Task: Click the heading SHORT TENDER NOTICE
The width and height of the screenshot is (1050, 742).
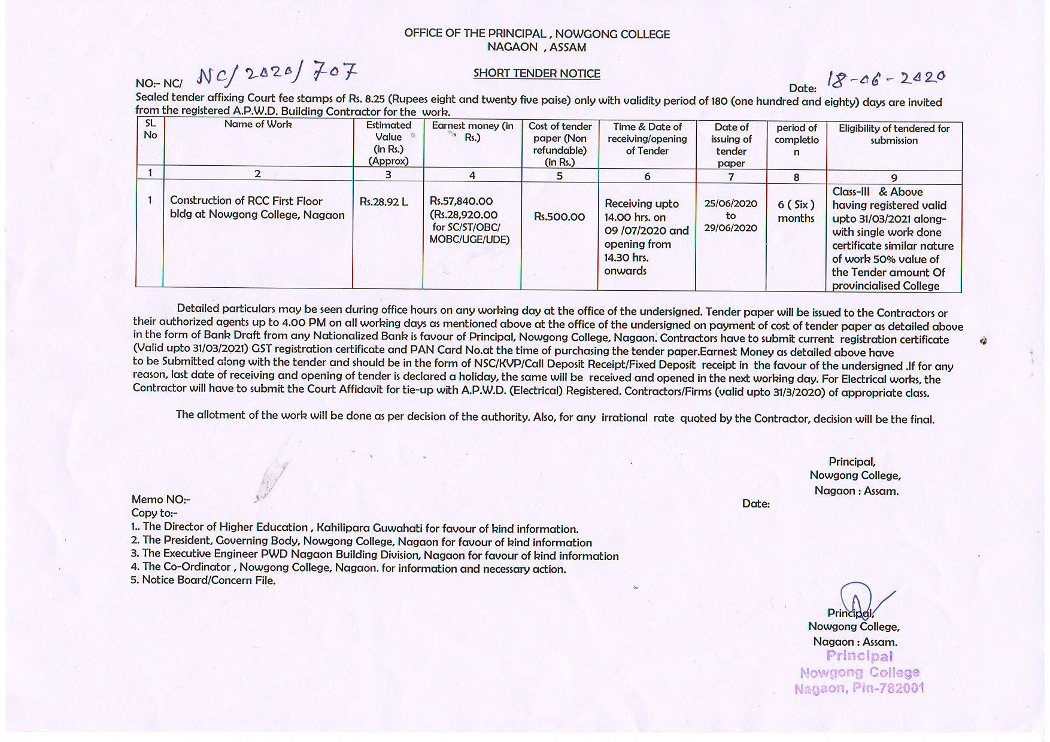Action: pos(536,74)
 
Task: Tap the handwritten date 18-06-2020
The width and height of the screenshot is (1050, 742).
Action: pos(885,78)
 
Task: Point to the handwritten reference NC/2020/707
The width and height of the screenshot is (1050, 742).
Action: pos(277,74)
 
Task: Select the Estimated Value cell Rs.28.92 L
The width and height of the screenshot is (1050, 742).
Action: pos(383,202)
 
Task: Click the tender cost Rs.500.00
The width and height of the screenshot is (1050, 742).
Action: pos(559,217)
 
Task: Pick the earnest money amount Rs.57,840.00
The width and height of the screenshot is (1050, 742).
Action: pos(461,201)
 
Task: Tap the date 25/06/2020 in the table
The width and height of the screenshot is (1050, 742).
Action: pos(730,203)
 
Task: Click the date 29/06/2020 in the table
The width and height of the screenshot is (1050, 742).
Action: pos(730,228)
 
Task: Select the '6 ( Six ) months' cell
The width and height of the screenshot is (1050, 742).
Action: pos(796,211)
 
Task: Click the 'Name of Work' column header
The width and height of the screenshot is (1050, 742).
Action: pos(258,124)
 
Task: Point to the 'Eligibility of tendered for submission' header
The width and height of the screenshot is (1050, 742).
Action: pos(894,135)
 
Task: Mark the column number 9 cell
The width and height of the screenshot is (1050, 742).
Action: pos(894,178)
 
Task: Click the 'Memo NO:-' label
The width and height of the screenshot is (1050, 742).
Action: pos(161,500)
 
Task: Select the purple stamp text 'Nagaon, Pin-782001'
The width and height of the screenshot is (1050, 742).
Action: pos(859,689)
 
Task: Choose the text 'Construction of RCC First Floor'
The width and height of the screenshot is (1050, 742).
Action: pos(246,201)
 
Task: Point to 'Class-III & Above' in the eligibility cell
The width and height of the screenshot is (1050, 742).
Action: pos(877,192)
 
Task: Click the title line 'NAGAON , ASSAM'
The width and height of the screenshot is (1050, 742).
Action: pos(536,47)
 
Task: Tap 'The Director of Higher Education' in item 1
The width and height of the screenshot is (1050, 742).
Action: pos(225,527)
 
